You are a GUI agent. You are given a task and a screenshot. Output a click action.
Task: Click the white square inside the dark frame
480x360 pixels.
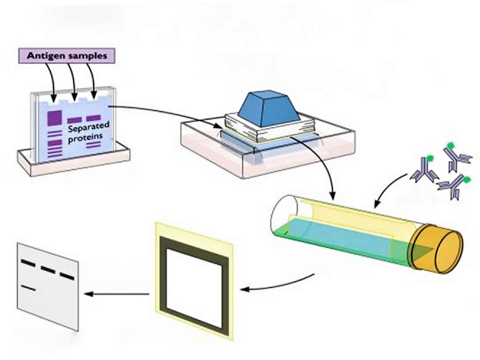[x=195, y=276]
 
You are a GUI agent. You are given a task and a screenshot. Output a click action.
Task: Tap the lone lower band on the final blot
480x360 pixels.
[x=29, y=288]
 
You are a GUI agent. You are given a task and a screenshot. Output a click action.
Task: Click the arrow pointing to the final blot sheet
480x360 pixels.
[x=115, y=293]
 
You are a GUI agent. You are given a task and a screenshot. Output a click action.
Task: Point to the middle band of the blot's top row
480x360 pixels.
[x=48, y=269]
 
